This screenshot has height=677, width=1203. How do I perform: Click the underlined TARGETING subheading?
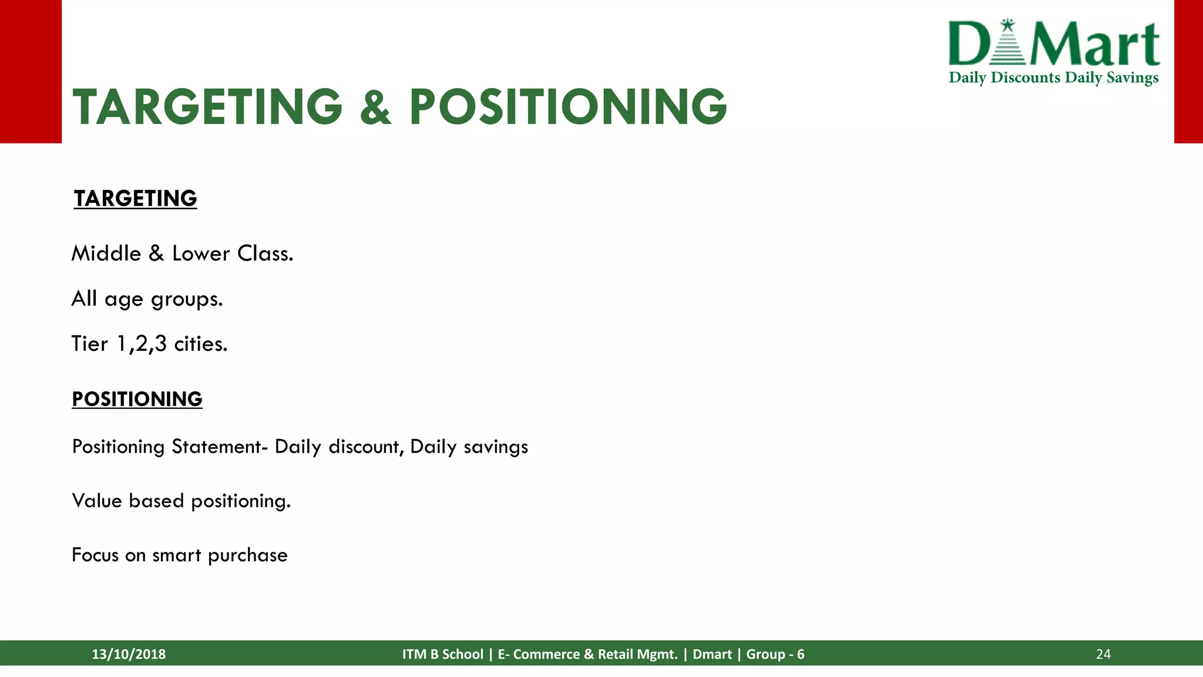tap(135, 199)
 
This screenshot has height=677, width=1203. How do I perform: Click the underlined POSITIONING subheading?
tap(137, 399)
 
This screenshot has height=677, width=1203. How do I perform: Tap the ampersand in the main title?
tap(375, 108)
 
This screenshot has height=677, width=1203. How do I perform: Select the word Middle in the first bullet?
tap(106, 254)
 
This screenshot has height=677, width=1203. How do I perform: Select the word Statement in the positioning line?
tap(219, 447)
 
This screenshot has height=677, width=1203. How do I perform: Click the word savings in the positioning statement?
tap(496, 447)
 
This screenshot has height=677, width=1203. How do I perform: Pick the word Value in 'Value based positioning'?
tap(96, 501)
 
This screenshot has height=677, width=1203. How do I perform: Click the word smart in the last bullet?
tap(176, 555)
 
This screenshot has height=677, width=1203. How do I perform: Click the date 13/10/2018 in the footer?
tap(129, 654)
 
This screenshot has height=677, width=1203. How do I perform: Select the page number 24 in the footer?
tap(1103, 654)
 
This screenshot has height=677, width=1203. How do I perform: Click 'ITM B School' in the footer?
tap(442, 654)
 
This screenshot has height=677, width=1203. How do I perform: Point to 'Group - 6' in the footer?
tap(775, 654)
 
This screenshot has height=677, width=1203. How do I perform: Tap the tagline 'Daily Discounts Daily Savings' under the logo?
tap(1054, 78)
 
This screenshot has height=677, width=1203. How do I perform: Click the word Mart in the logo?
tap(1096, 45)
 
